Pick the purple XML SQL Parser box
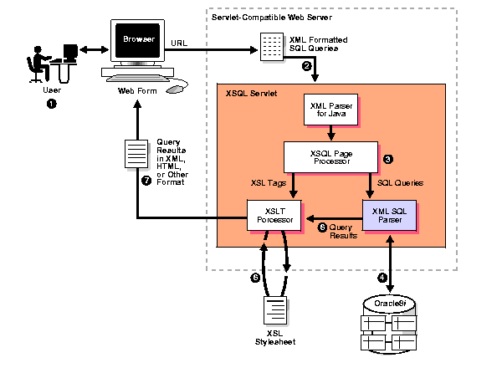coord(390,214)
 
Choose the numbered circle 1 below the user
coord(53,104)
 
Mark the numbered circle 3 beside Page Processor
coord(387,157)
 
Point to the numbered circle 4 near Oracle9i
coord(382,278)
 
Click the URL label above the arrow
coord(178,42)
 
